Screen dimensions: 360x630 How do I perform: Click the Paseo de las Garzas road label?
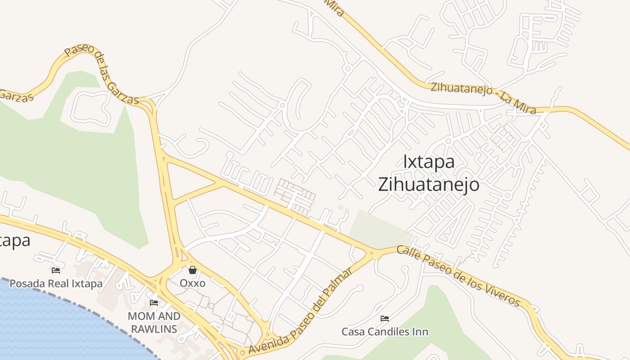pyautogui.click(x=101, y=75)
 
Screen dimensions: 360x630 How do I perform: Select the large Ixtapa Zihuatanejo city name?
pyautogui.click(x=428, y=173)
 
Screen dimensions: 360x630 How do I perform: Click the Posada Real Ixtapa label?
pyautogui.click(x=56, y=284)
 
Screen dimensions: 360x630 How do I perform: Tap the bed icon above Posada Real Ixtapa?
pyautogui.click(x=56, y=270)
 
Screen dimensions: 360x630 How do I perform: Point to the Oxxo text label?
pyautogui.click(x=193, y=283)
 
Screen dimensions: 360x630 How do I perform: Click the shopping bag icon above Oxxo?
pyautogui.click(x=193, y=270)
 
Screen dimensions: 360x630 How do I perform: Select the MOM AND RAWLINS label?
pyautogui.click(x=154, y=323)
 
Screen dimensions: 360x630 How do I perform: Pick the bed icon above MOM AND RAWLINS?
pyautogui.click(x=154, y=303)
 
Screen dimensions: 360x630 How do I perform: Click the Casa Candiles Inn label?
pyautogui.click(x=385, y=332)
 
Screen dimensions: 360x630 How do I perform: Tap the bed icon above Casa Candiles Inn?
pyautogui.click(x=385, y=319)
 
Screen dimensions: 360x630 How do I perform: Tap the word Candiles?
pyautogui.click(x=392, y=332)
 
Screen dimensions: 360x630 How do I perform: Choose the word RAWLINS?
pyautogui.click(x=154, y=329)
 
